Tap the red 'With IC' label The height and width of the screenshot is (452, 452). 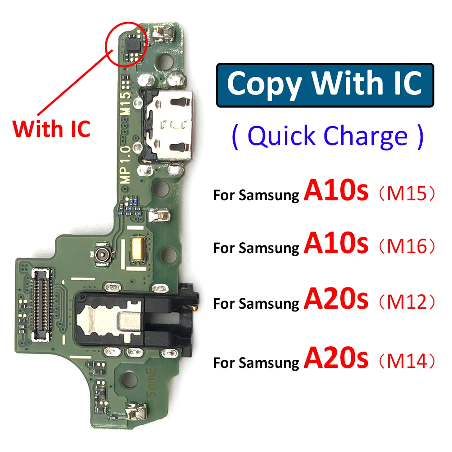pyautogui.click(x=52, y=128)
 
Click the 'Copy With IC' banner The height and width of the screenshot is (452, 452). pyautogui.click(x=325, y=85)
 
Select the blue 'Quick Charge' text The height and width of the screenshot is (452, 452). pyautogui.click(x=328, y=137)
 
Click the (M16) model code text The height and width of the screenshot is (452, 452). pyautogui.click(x=406, y=247)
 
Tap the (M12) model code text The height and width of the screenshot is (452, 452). pyautogui.click(x=406, y=301)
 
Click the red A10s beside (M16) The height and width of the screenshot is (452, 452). pyautogui.click(x=336, y=244)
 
